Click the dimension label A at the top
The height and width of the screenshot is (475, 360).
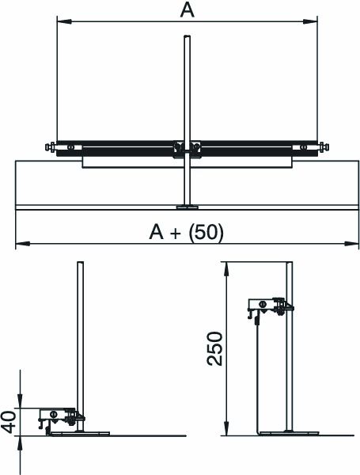pos(187,10)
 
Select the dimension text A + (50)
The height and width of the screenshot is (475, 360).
pos(187,232)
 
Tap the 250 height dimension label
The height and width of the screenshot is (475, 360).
pos(214,348)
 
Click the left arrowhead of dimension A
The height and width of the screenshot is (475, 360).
pos(64,21)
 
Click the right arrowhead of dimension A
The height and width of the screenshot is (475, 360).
pos(310,21)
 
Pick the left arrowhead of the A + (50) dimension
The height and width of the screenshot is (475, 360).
pos(23,244)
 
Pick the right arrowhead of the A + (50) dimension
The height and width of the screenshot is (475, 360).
pos(352,244)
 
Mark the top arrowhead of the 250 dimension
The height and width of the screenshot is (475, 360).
pos(225,268)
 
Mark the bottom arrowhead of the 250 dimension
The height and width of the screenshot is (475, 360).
pos(225,428)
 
